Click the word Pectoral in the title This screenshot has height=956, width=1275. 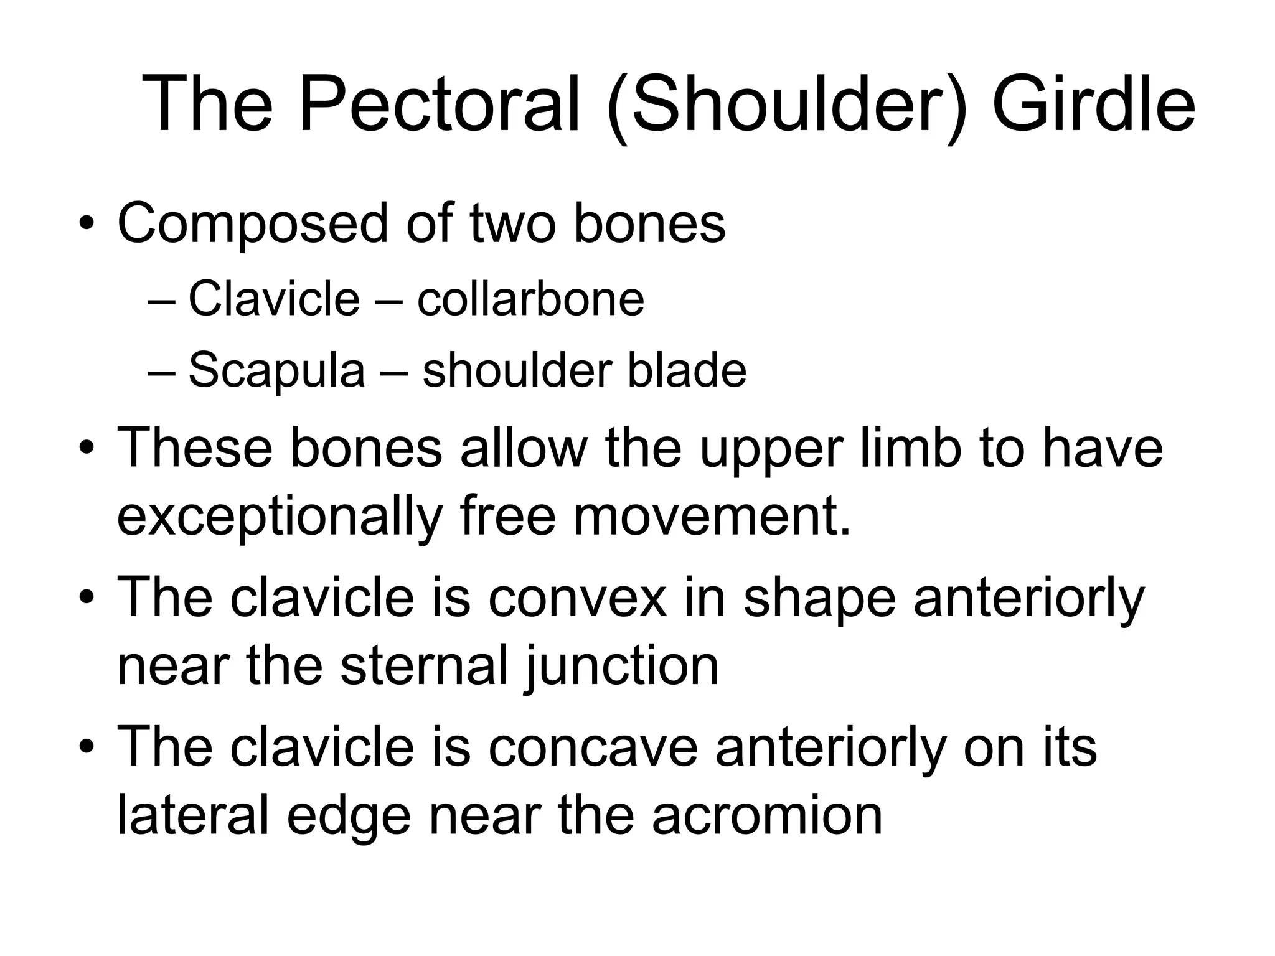tap(439, 103)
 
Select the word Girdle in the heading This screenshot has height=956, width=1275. tap(1093, 103)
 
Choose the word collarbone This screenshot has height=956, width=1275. tap(530, 299)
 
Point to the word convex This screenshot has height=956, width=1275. tap(577, 596)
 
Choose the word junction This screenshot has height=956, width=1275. tap(622, 666)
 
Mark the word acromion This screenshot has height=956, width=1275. tap(767, 815)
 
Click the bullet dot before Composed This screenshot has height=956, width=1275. tap(87, 225)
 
